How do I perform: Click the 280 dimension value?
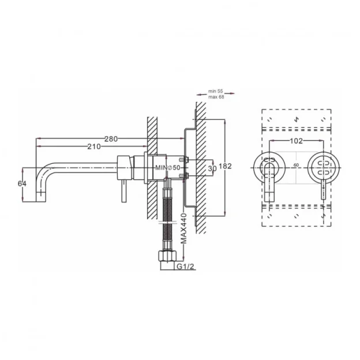pos(111,138)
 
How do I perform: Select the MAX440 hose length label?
pos(183,228)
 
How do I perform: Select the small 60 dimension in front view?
pos(295,165)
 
